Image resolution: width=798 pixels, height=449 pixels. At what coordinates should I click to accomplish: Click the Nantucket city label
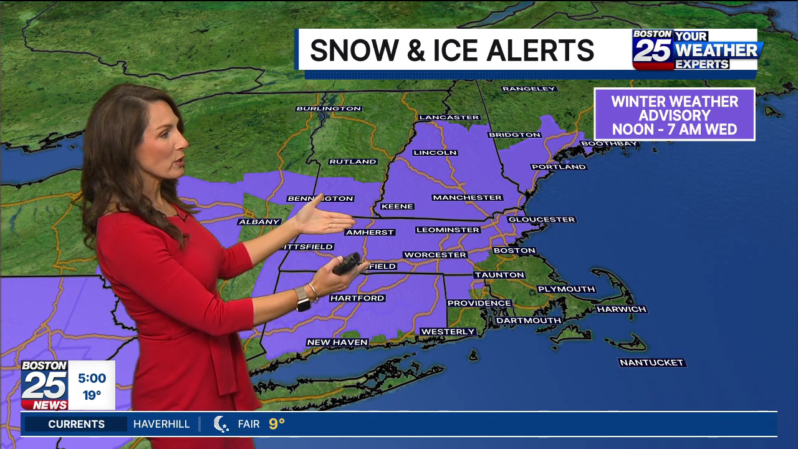point(651,362)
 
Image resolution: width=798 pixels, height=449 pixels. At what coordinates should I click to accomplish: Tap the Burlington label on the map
point(329,109)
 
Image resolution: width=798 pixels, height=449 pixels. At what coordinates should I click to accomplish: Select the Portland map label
point(559,167)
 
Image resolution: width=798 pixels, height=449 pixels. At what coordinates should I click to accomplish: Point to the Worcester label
point(435,254)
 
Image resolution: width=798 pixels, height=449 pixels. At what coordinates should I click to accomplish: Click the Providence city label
point(479,303)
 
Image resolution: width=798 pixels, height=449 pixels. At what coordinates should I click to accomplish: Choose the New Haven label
point(337,342)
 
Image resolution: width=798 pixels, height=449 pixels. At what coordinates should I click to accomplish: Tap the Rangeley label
point(529,89)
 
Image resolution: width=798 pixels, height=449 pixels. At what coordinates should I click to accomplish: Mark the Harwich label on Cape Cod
point(622,309)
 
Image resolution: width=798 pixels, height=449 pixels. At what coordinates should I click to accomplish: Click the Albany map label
point(259,221)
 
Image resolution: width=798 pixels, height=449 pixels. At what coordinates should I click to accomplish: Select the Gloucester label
point(541,220)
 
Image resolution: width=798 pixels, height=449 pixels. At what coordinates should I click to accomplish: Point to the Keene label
point(397,206)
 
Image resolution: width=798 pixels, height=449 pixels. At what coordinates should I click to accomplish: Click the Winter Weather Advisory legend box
point(675,115)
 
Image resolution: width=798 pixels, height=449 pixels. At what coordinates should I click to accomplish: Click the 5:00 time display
point(92,379)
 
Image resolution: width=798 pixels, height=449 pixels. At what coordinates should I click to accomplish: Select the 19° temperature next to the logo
point(92,395)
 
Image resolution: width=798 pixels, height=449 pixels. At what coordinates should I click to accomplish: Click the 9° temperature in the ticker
point(277,424)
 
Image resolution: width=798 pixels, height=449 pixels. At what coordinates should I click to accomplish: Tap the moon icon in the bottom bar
point(221,424)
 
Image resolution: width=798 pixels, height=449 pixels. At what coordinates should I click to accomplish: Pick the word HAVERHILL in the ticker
point(161,424)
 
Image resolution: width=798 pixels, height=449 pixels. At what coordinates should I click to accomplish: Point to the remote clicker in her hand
point(347,263)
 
